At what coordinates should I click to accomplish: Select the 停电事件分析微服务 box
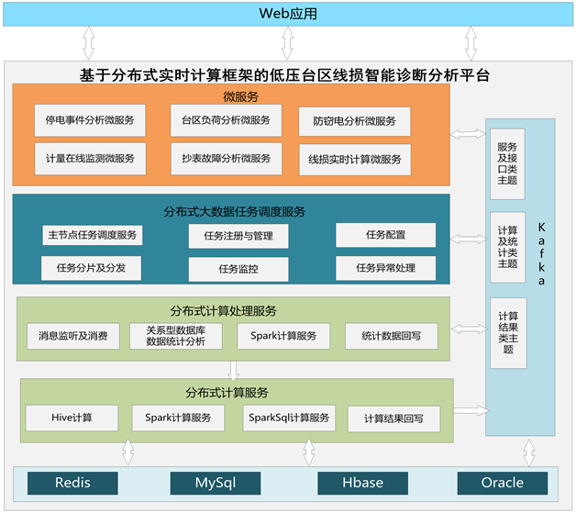click(89, 120)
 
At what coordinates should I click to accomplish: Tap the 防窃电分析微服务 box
click(354, 121)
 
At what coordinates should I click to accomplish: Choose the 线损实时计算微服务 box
click(354, 160)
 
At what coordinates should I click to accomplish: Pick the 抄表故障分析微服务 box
click(226, 159)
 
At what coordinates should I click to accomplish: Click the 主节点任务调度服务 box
click(93, 235)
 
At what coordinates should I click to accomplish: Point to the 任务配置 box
click(385, 235)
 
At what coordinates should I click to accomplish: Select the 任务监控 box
click(238, 270)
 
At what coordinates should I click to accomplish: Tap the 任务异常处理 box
click(386, 268)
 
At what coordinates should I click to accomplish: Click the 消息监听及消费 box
click(73, 337)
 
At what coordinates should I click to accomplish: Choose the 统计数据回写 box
click(392, 337)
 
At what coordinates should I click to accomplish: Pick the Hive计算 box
click(72, 418)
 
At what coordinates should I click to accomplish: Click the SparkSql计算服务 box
click(289, 418)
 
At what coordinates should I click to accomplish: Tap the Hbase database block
click(362, 483)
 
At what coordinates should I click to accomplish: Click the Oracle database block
click(503, 483)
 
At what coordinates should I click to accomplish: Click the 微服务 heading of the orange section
click(240, 96)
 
